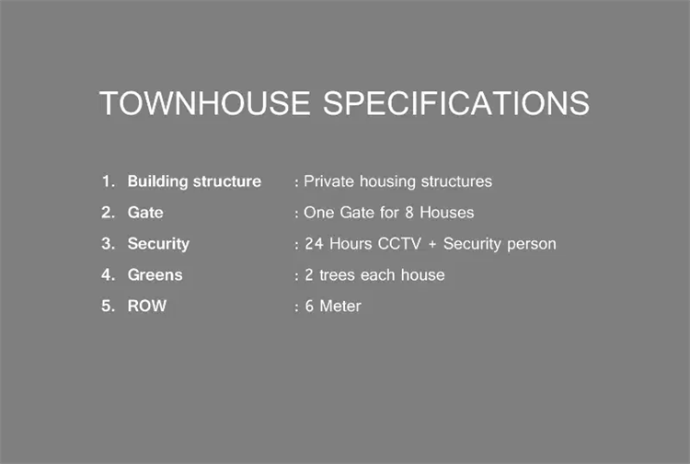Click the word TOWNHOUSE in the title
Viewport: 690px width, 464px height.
pyautogui.click(x=204, y=103)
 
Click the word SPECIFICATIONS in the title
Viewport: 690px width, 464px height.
pyautogui.click(x=456, y=103)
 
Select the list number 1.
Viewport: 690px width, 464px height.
pyautogui.click(x=109, y=181)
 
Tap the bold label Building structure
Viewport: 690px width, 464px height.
pyautogui.click(x=194, y=182)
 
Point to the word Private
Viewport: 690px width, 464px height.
pyautogui.click(x=328, y=181)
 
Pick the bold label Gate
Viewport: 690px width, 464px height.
pyautogui.click(x=145, y=213)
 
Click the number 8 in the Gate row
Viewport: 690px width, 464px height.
pyautogui.click(x=409, y=213)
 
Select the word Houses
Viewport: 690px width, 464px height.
pyautogui.click(x=446, y=213)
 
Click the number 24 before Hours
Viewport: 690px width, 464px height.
pyautogui.click(x=315, y=244)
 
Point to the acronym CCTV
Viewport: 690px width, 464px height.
pyautogui.click(x=399, y=244)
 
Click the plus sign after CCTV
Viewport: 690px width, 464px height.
pyautogui.click(x=432, y=244)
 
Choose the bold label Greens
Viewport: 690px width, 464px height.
pyautogui.click(x=155, y=275)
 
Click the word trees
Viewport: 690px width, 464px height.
pyautogui.click(x=337, y=275)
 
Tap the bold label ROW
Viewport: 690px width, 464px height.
pyautogui.click(x=147, y=306)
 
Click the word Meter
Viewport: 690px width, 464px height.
pyautogui.click(x=340, y=306)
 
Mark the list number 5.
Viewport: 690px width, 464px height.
pyautogui.click(x=109, y=306)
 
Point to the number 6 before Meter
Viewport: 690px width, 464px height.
pyautogui.click(x=309, y=306)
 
